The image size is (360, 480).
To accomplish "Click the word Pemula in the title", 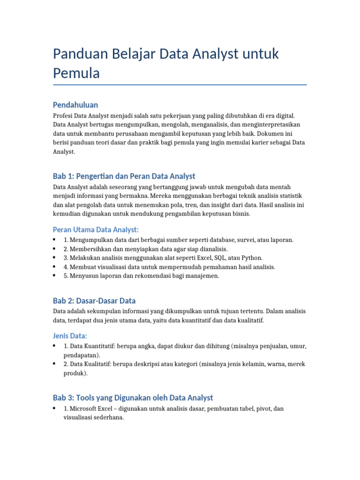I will (x=76, y=73).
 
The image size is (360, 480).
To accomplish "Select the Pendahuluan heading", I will (x=75, y=105).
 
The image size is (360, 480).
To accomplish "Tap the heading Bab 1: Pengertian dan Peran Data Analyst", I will (x=124, y=176).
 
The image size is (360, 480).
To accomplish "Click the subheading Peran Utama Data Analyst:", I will (x=96, y=229).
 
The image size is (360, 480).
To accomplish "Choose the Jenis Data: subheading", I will (x=70, y=336).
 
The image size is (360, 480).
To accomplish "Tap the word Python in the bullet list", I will (x=252, y=258).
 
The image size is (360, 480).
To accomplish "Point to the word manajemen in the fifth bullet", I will (x=202, y=276).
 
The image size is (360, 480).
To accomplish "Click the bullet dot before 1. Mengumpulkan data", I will (x=55, y=240).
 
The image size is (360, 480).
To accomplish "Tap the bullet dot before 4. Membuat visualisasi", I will (x=55, y=267).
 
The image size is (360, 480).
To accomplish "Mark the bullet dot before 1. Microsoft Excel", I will (x=55, y=409).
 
